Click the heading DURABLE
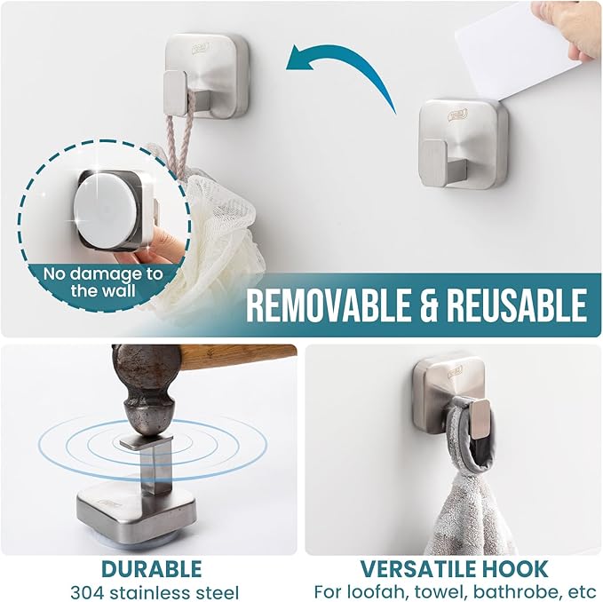(x=151, y=568)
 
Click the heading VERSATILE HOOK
(x=453, y=568)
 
